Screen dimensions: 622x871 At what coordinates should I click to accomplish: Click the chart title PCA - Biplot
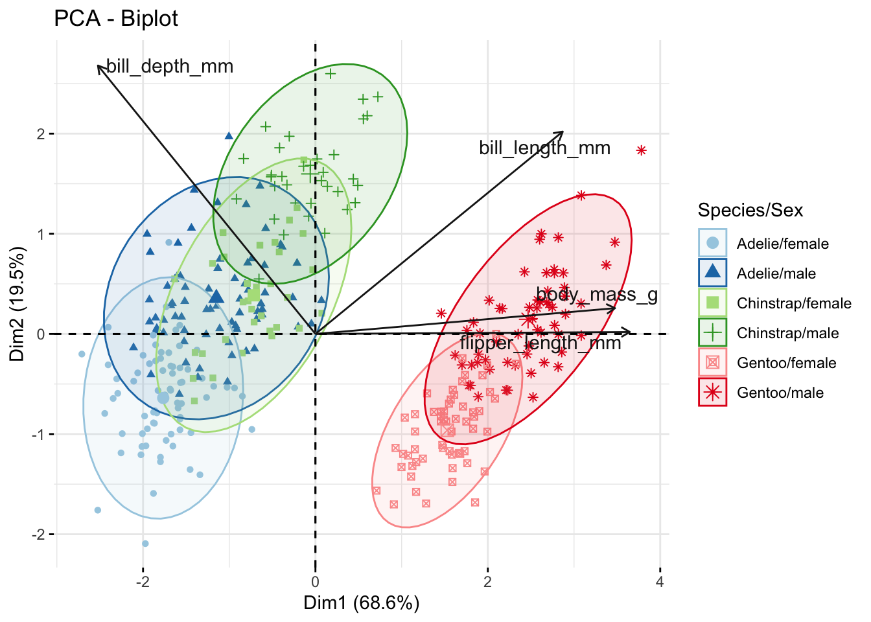tap(115, 19)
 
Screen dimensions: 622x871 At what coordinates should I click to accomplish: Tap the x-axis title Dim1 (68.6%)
tap(361, 603)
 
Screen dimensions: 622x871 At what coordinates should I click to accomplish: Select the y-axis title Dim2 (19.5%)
tap(17, 303)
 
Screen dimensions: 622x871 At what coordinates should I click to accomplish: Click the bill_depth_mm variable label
tap(169, 67)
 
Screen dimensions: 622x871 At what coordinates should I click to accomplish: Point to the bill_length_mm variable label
tap(544, 148)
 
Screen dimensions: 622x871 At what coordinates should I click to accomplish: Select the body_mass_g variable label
tap(597, 295)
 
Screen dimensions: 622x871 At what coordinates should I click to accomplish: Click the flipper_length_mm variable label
tap(540, 343)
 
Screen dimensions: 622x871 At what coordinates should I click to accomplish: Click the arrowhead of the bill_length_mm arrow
tap(562, 133)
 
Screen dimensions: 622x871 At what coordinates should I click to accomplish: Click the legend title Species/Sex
tap(750, 211)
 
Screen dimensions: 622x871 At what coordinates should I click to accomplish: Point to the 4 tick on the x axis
tap(660, 582)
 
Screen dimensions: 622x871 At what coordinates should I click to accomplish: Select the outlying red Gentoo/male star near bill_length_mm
tap(642, 150)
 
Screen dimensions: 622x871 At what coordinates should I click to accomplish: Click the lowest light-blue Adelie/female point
tap(145, 544)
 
